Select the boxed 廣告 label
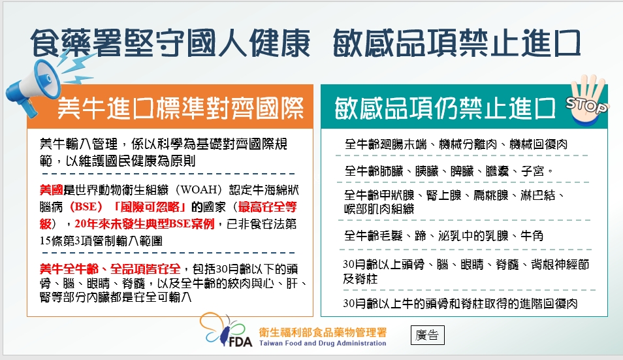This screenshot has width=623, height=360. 428,335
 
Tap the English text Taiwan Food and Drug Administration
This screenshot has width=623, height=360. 323,343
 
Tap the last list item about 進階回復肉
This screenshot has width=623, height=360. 460,304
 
